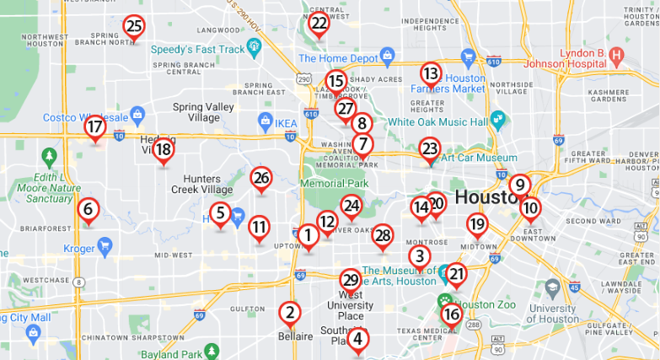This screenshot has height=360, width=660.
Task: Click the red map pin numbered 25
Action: [x=133, y=27]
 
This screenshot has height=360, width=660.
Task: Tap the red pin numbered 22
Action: [x=319, y=24]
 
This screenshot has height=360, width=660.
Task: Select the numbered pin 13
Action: [x=431, y=74]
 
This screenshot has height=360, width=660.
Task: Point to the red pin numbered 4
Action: [x=358, y=340]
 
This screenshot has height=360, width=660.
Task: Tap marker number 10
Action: [x=529, y=208]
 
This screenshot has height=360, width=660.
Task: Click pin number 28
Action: [x=383, y=236]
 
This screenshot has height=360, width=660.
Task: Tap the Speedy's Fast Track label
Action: [x=198, y=49]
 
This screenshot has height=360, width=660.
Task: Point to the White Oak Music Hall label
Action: [x=437, y=121]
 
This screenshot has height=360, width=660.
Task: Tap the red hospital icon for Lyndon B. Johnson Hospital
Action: [x=616, y=57]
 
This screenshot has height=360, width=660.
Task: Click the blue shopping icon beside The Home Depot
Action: [x=387, y=56]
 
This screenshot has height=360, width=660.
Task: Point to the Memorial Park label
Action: [x=335, y=183]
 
